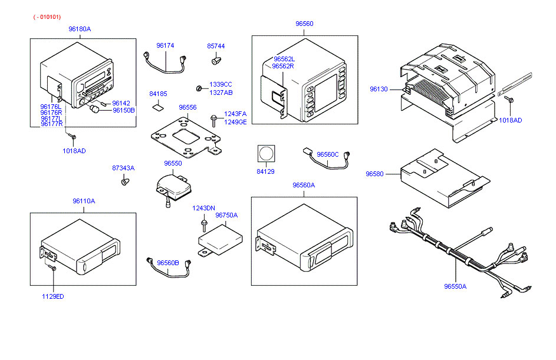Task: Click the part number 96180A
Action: (80, 29)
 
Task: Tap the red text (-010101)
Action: (47, 17)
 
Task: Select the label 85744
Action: (216, 45)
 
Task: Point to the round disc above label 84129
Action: (267, 154)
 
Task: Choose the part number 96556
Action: (187, 108)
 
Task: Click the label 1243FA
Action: (235, 114)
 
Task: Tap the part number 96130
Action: (379, 89)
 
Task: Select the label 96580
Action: (374, 174)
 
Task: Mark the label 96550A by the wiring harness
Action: (455, 286)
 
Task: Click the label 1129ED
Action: (52, 296)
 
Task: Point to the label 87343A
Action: (123, 168)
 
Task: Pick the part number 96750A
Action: (226, 215)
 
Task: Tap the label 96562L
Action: (284, 59)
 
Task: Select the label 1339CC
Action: (221, 85)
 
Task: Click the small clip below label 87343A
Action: (124, 182)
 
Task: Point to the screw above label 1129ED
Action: (52, 268)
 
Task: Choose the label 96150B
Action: (124, 110)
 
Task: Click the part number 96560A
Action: (304, 185)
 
